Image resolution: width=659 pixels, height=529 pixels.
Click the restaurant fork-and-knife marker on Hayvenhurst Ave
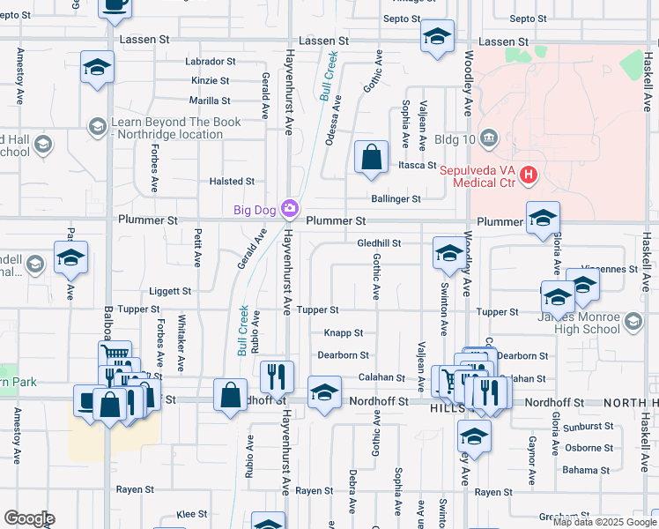point(278,376)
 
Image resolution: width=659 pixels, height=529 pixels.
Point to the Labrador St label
point(210,62)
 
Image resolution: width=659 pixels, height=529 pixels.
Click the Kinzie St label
point(210,80)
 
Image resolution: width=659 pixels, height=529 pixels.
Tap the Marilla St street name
point(210,101)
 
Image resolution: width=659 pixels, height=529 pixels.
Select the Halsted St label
point(232,181)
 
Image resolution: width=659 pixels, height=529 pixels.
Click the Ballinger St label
point(396,199)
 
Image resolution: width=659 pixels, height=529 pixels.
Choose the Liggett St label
point(170,291)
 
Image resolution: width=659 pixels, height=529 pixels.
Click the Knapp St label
point(344,333)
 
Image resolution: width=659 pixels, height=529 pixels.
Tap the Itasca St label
point(417,166)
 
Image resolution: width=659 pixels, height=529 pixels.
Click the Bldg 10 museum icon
point(491,139)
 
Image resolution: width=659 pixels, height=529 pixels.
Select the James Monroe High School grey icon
point(632,324)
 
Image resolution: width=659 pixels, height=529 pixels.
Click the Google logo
point(28,518)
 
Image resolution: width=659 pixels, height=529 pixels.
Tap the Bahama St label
point(581,471)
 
